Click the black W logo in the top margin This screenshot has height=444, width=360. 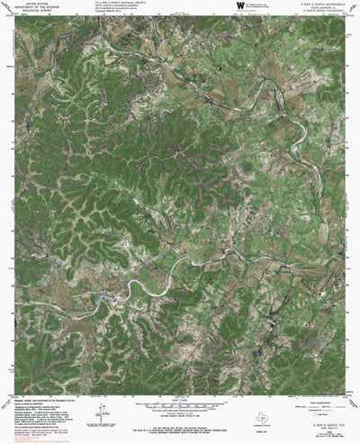[238, 6]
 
